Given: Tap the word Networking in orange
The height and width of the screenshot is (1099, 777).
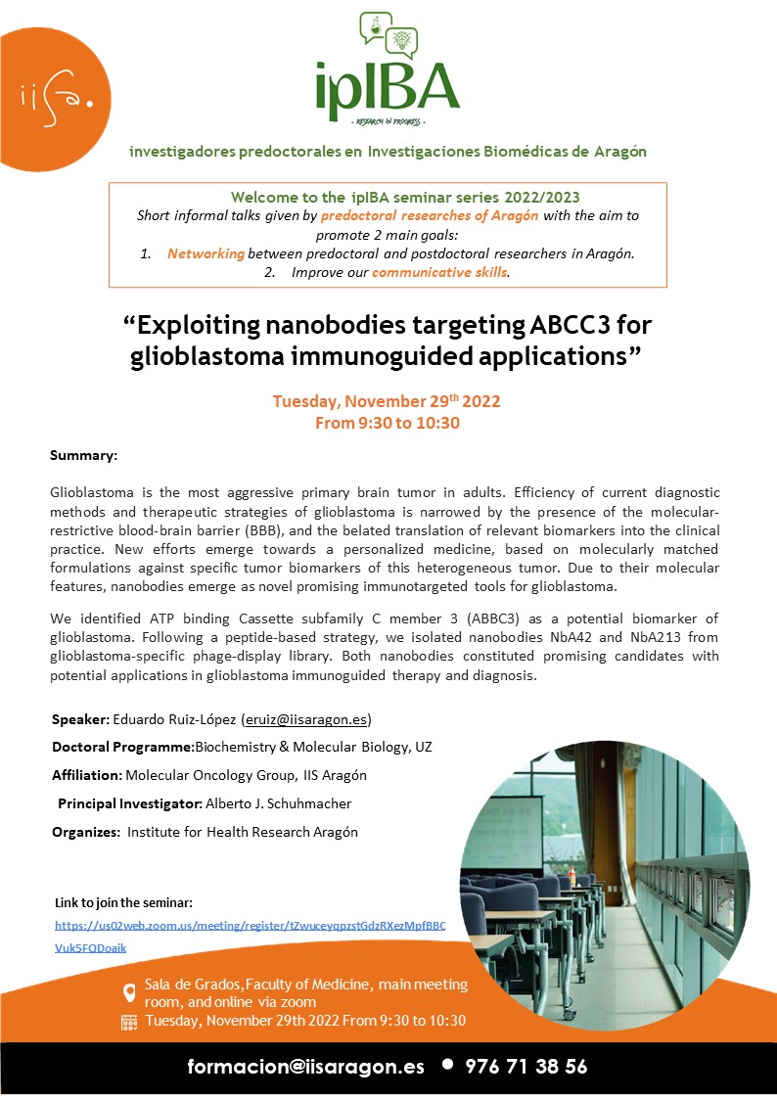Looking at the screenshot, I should (206, 253).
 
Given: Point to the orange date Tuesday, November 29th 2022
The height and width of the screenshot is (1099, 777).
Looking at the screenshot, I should (387, 402).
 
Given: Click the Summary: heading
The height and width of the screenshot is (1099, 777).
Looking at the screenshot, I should (83, 456).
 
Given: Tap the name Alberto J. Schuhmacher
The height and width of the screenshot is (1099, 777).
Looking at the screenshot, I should (278, 803).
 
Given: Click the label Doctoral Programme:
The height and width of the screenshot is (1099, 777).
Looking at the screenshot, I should (122, 748).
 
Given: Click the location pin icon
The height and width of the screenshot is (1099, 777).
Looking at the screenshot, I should (128, 992).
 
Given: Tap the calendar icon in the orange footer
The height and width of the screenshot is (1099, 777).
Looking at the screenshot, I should (128, 1022).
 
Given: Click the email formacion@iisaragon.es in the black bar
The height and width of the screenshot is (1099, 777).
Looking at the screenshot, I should (305, 1068).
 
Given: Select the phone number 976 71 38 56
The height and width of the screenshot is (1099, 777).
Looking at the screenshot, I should (526, 1068).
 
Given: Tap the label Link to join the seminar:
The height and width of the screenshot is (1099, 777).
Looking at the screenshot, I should (124, 901).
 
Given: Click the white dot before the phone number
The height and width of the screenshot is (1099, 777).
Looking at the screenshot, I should (447, 1065).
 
